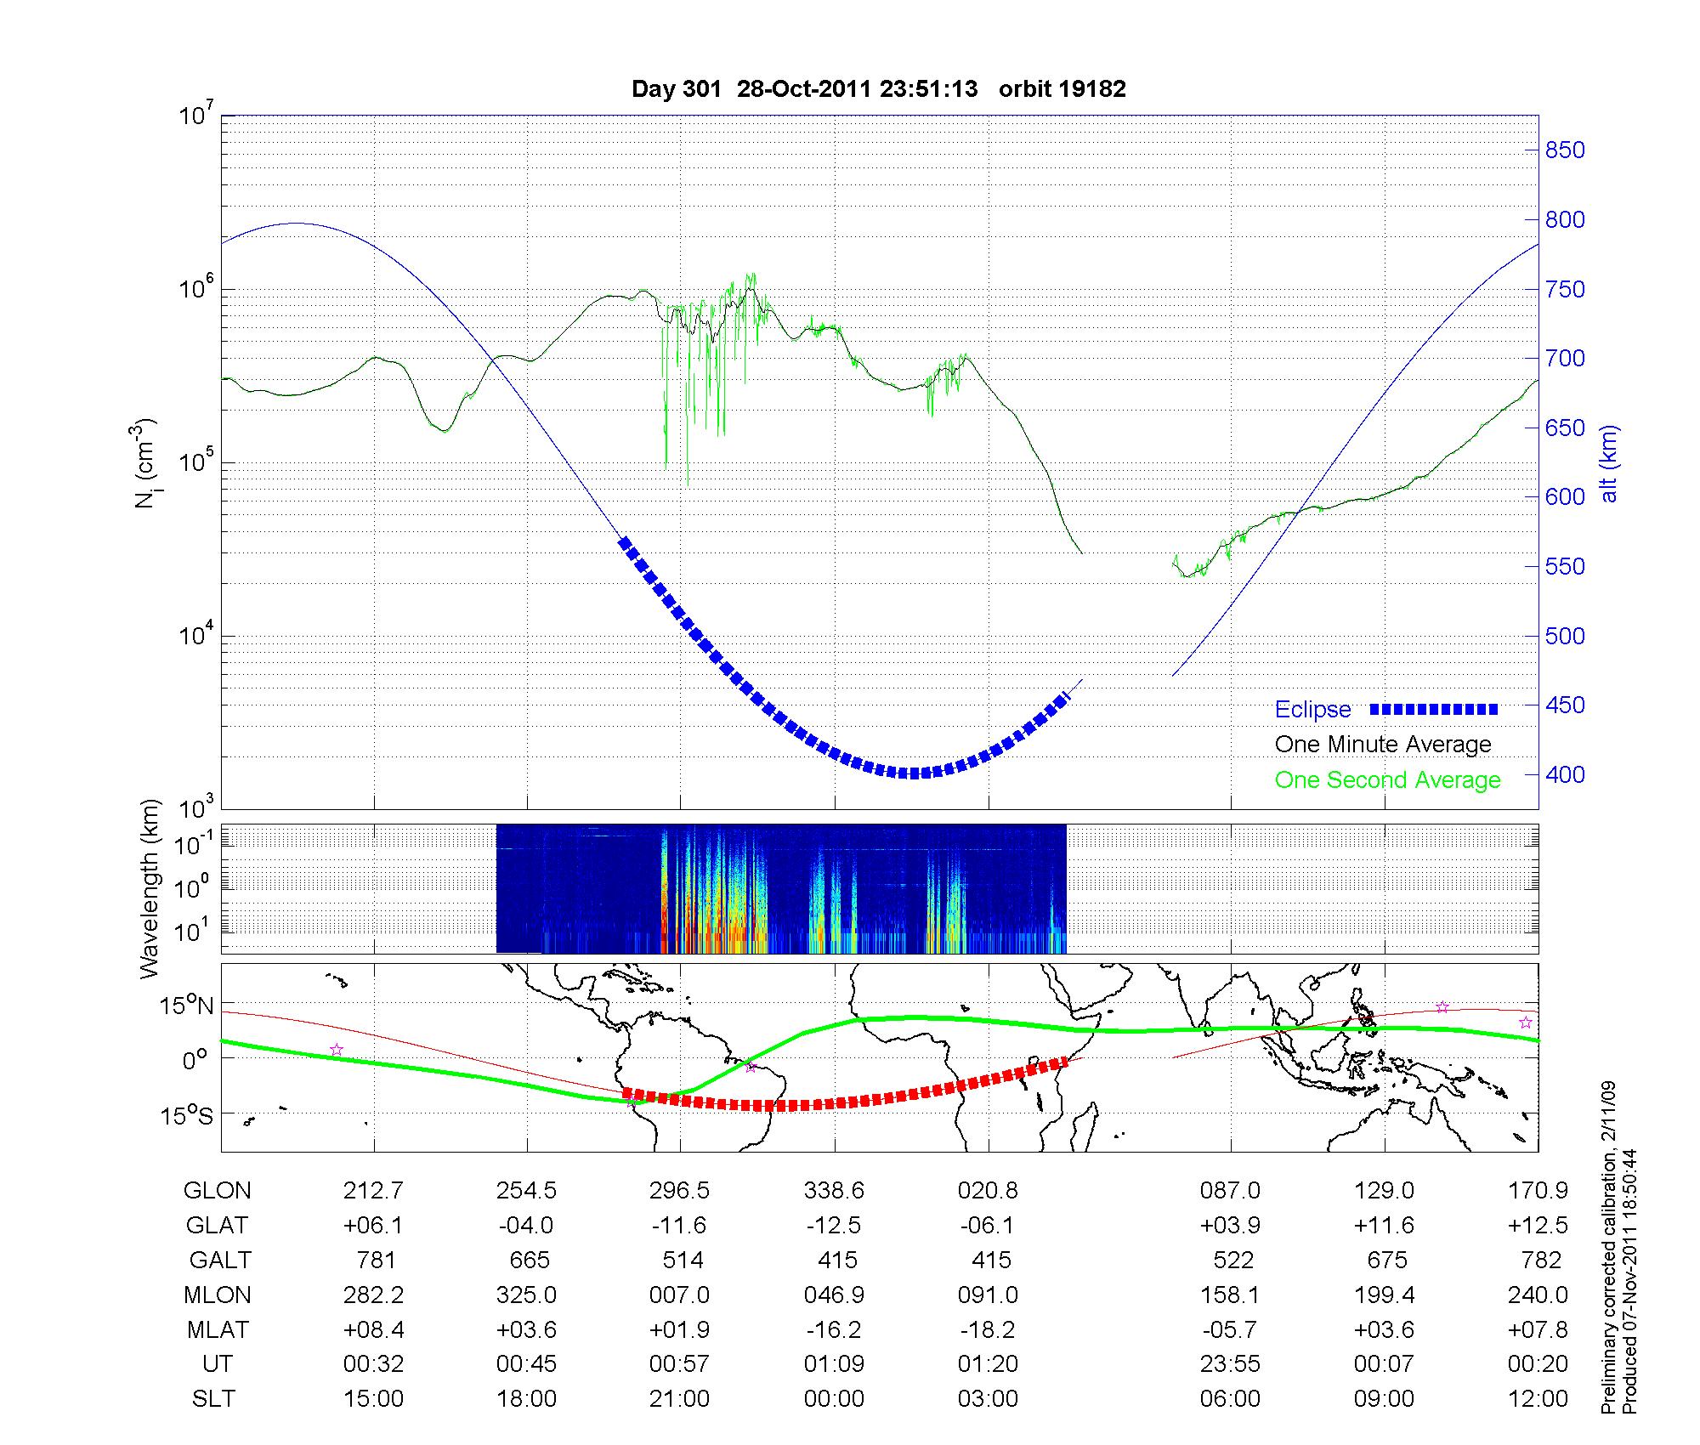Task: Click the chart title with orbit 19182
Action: tap(878, 89)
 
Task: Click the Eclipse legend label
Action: tap(1312, 710)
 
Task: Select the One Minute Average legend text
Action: tap(1383, 745)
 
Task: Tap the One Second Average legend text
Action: tap(1387, 780)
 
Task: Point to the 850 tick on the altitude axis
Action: tap(1565, 150)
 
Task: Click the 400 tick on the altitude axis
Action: tap(1565, 774)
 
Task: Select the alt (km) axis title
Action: tap(1609, 463)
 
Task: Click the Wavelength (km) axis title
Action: tap(150, 889)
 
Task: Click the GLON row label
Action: tap(217, 1191)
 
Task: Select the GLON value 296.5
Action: tap(679, 1191)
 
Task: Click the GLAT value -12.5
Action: tap(834, 1226)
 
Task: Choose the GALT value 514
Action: tap(683, 1260)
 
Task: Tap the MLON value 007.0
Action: tap(679, 1295)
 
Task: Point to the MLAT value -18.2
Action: tap(988, 1329)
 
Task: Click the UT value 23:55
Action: tap(1230, 1364)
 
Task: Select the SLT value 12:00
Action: tap(1538, 1399)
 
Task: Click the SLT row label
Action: tap(213, 1399)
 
